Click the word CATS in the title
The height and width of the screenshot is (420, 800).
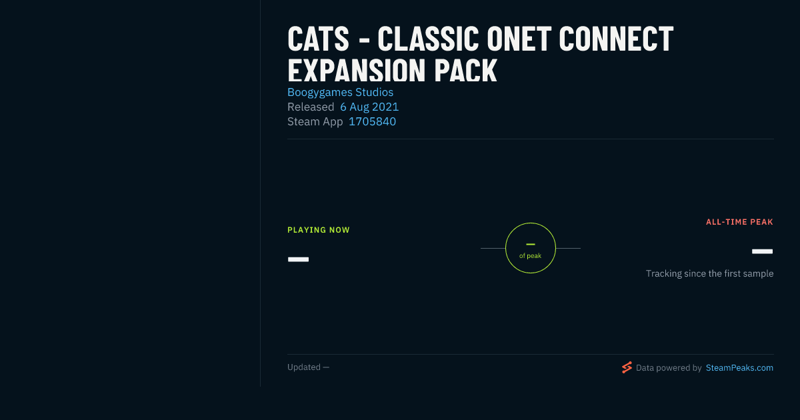pos(318,39)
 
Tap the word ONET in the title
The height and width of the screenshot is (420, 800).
pos(519,39)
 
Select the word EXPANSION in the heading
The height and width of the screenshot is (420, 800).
pos(357,71)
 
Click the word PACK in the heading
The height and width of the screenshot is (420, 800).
pos(465,71)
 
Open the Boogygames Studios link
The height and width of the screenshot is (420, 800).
pos(341,92)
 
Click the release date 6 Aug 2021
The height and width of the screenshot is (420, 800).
pos(369,107)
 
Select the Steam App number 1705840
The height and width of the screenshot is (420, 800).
pos(372,121)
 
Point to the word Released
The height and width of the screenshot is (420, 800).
pos(311,107)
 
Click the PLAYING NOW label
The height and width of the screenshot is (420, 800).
pos(319,230)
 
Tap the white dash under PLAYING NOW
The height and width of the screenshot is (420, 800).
pos(298,259)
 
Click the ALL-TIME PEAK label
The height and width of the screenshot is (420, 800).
pos(739,222)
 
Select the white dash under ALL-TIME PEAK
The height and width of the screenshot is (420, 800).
pos(762,251)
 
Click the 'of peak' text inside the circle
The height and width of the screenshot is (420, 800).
pos(531,256)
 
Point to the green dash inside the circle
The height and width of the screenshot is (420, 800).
pos(531,244)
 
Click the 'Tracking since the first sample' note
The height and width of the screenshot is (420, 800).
pos(709,273)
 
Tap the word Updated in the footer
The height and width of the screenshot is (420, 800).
pos(304,367)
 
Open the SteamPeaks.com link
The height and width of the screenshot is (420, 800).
pos(739,368)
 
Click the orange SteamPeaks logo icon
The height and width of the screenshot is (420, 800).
pos(627,367)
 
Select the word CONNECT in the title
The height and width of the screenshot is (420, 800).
pos(616,39)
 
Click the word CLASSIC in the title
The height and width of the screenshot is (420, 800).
pos(428,39)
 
